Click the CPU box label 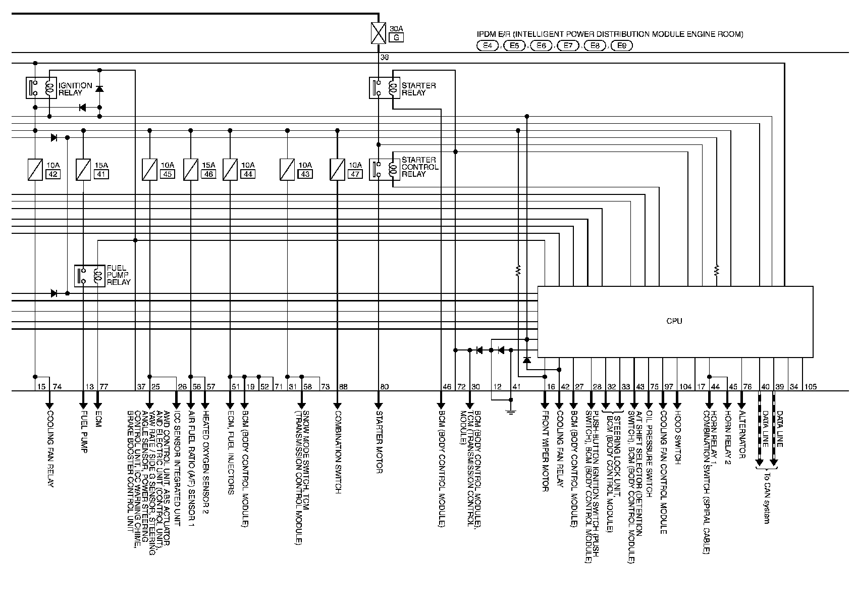pyautogui.click(x=674, y=321)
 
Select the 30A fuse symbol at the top pyautogui.click(x=378, y=32)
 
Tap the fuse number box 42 pyautogui.click(x=52, y=174)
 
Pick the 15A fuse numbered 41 pyautogui.click(x=84, y=169)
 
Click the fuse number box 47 pyautogui.click(x=355, y=174)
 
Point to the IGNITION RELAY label pyautogui.click(x=75, y=89)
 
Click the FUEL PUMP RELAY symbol pyautogui.click(x=89, y=275)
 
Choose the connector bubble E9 pyautogui.click(x=622, y=46)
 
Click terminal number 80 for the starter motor pyautogui.click(x=384, y=387)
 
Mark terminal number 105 pyautogui.click(x=811, y=387)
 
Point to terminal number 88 pyautogui.click(x=343, y=387)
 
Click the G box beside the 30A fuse pyautogui.click(x=396, y=37)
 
